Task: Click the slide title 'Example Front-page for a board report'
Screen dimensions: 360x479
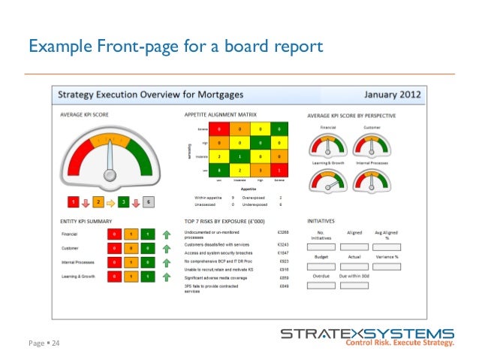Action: click(175, 47)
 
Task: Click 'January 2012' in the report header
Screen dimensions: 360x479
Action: click(393, 96)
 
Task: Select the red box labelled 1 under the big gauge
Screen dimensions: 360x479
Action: click(74, 202)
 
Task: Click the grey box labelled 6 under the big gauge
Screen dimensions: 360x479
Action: click(149, 202)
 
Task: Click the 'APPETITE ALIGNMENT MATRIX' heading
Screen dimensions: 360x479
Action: click(221, 115)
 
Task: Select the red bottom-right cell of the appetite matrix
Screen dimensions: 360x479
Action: click(279, 171)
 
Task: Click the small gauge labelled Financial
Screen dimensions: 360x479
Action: click(327, 144)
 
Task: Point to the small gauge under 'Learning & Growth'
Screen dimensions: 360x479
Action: click(327, 180)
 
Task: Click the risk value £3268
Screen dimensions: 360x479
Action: click(282, 234)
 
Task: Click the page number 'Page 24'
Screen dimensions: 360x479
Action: click(44, 343)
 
